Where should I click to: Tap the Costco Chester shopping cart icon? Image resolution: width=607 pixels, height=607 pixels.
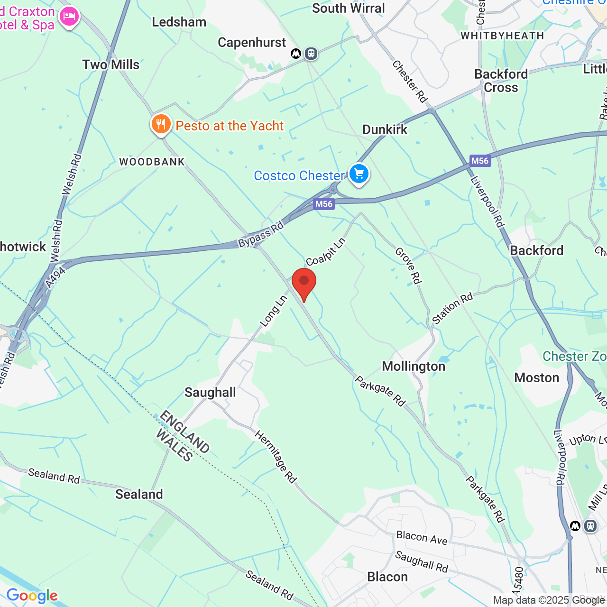point(359,174)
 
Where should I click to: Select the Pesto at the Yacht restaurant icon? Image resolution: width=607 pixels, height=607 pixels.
point(161,125)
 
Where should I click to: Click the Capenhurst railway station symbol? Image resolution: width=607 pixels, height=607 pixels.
point(311,54)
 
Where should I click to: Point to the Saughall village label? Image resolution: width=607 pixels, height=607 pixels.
point(210,392)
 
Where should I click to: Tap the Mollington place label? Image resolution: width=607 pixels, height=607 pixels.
point(414,367)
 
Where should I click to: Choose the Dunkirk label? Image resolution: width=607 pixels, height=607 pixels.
point(385,129)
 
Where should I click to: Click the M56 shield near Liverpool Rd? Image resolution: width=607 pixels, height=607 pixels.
point(479,161)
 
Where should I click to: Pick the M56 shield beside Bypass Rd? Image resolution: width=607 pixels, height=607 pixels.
point(324,204)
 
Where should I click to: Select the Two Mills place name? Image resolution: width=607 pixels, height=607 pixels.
point(111,64)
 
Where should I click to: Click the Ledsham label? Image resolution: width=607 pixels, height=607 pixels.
point(179,22)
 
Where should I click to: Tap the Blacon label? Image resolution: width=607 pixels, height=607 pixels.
point(387,577)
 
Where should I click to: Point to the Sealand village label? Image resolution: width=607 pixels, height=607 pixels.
point(139,494)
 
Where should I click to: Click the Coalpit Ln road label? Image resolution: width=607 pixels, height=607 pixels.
point(326,252)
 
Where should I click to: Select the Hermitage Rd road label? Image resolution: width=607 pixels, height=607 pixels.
point(276,457)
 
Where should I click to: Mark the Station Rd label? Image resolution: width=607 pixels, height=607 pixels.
point(452,308)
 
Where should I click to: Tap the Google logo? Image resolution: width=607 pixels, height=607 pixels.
point(32,596)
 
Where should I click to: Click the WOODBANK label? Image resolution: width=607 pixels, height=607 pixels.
point(152,162)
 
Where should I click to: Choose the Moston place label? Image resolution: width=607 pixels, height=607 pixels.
point(537,377)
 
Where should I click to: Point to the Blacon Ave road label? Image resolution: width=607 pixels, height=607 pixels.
point(422,538)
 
